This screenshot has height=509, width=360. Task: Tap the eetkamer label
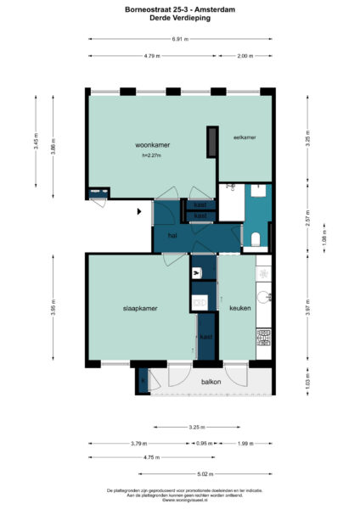pyautogui.click(x=245, y=137)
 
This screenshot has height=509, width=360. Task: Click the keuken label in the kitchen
pyautogui.click(x=239, y=308)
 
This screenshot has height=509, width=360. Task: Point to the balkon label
pyautogui.click(x=211, y=382)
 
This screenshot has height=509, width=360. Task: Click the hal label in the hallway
pyautogui.click(x=172, y=235)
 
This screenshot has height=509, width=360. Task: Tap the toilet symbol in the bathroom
pyautogui.click(x=256, y=238)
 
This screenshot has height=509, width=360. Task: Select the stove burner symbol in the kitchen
pyautogui.click(x=263, y=338)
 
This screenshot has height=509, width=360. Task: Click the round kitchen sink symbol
pyautogui.click(x=264, y=297)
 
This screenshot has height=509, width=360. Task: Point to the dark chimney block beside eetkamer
pyautogui.click(x=210, y=142)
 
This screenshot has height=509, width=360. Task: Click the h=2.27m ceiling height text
pyautogui.click(x=153, y=156)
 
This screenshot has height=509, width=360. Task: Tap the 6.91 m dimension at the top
pyautogui.click(x=179, y=39)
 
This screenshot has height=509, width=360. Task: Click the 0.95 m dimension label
pyautogui.click(x=204, y=444)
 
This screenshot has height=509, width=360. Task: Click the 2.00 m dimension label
pyautogui.click(x=245, y=56)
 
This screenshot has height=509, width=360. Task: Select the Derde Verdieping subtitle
pyautogui.click(x=179, y=18)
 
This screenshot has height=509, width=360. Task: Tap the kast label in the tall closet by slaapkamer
pyautogui.click(x=205, y=337)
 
